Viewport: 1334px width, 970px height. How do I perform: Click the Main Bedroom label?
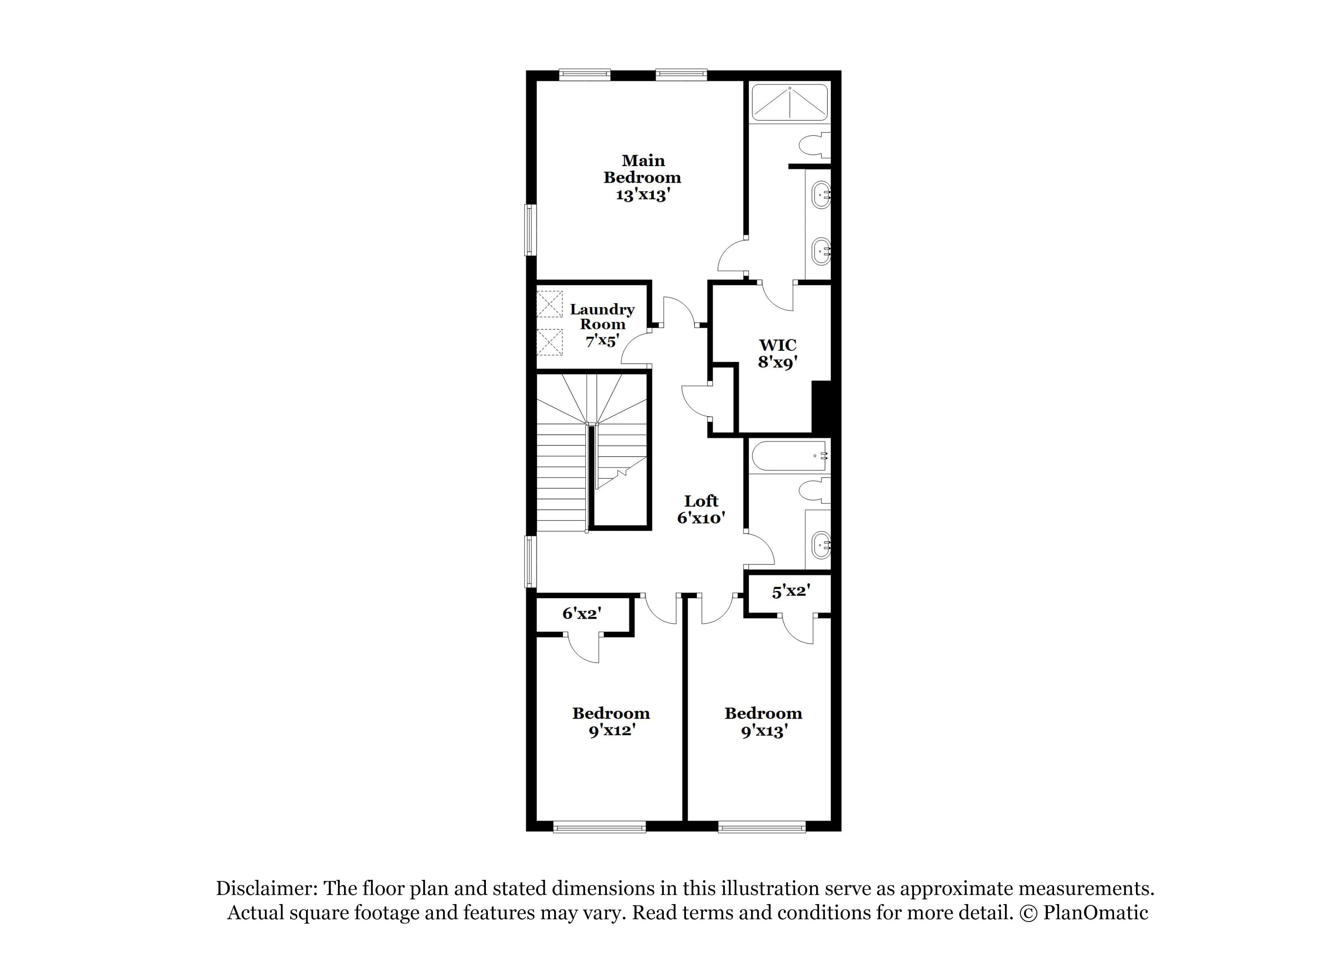pos(642,169)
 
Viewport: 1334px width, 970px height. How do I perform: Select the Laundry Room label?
pos(602,316)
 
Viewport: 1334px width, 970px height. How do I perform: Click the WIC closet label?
pos(778,345)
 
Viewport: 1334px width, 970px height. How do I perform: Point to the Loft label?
pos(701,501)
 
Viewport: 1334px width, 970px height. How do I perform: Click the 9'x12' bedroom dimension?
pos(612,731)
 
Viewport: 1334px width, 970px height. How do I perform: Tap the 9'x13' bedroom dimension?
pos(764,731)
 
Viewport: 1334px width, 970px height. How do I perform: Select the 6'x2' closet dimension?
pos(581,614)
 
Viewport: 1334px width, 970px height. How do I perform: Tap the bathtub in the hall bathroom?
pos(790,456)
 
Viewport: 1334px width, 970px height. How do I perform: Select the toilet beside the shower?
pos(815,145)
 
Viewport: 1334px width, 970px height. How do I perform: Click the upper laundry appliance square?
pos(549,304)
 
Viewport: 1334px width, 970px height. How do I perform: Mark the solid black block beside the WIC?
pos(821,407)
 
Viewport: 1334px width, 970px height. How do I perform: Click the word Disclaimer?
pos(266,888)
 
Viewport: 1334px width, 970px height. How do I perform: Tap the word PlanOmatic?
pos(1096,913)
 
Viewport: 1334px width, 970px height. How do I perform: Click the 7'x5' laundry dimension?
pos(602,341)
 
